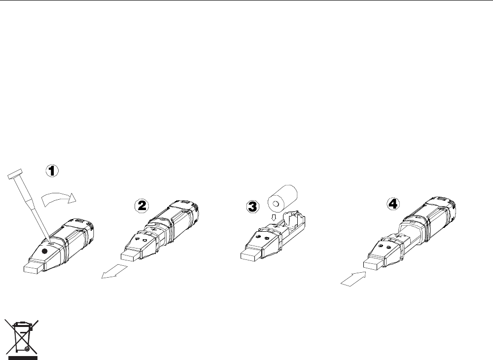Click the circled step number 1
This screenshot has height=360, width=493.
[x=52, y=171]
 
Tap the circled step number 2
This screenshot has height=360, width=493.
[x=141, y=206]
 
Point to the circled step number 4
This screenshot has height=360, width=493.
[x=393, y=204]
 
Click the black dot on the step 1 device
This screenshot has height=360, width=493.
[x=45, y=251]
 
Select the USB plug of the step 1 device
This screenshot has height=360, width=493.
[x=34, y=268]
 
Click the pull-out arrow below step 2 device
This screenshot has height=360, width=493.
[x=114, y=271]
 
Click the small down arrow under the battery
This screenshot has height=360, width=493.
[x=274, y=217]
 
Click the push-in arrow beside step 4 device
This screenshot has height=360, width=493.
[x=353, y=279]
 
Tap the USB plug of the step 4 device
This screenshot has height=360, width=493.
[x=374, y=264]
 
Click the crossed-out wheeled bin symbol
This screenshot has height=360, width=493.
[x=21, y=337]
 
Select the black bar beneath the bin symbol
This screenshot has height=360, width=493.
[x=23, y=358]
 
